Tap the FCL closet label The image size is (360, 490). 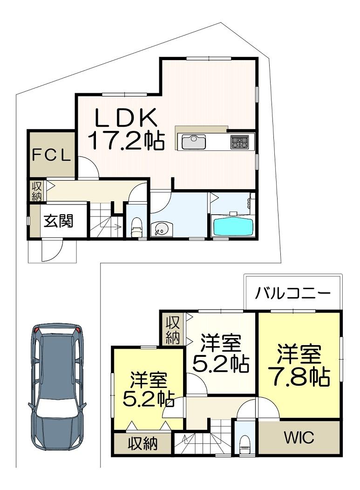click(x=52, y=155)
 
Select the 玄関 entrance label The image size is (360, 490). click(x=58, y=221)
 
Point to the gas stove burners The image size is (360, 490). click(x=240, y=142)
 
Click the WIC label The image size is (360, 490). click(x=299, y=437)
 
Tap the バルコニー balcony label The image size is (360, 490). click(x=293, y=293)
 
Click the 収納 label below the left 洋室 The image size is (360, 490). click(x=143, y=443)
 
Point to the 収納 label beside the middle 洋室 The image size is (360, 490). click(x=172, y=330)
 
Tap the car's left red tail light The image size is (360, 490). click(x=37, y=329)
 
